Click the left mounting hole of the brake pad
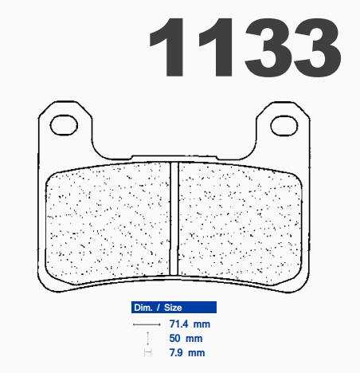[64, 125]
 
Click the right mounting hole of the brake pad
[284, 126]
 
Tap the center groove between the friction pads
[174, 218]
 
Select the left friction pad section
[108, 222]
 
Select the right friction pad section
[241, 222]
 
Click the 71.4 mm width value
[190, 324]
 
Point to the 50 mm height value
[186, 339]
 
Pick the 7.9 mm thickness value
[187, 353]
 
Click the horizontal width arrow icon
[147, 324]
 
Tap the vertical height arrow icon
[147, 339]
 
